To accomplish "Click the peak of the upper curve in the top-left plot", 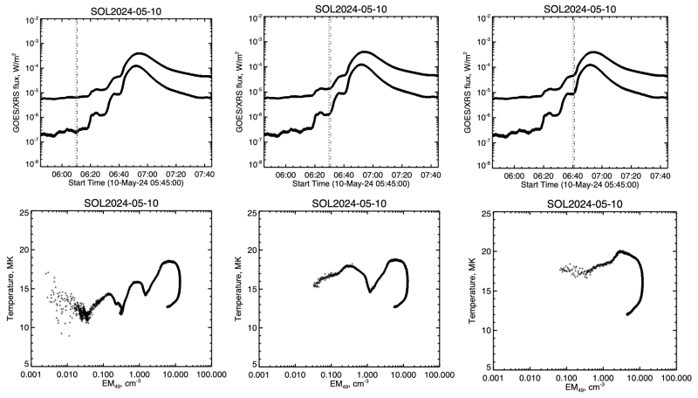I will click(x=138, y=54).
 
